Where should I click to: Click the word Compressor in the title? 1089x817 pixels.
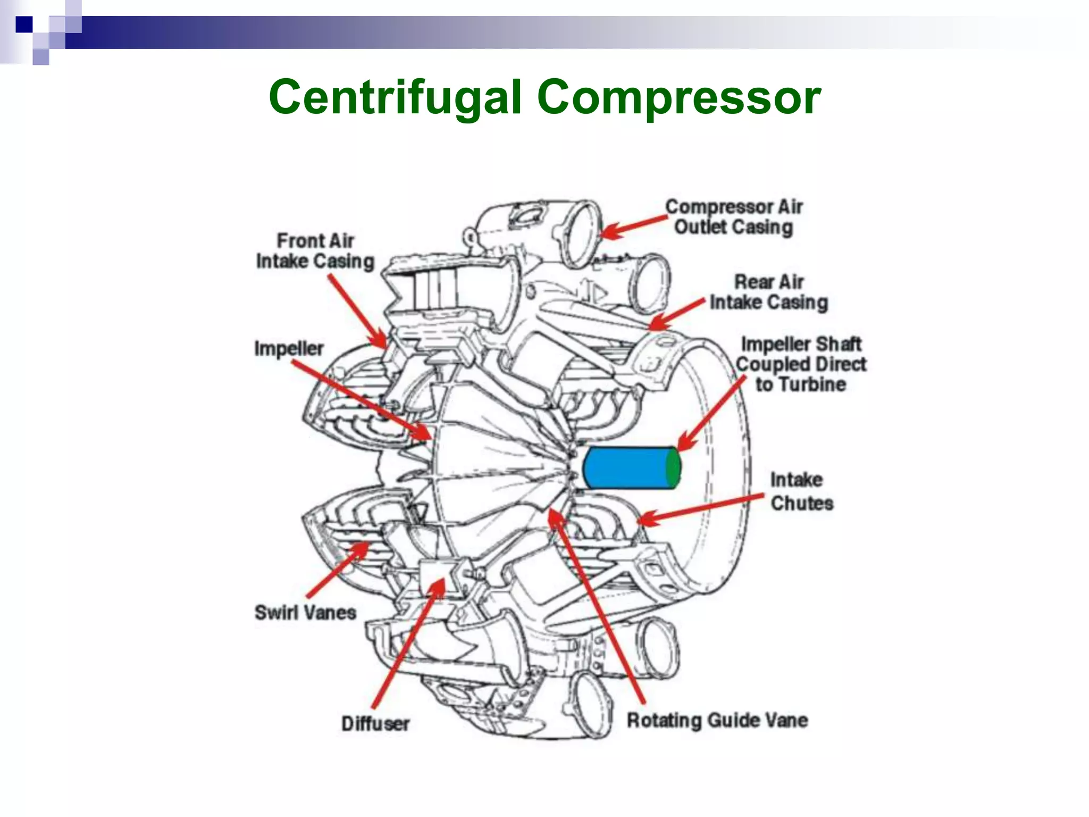pyautogui.click(x=679, y=97)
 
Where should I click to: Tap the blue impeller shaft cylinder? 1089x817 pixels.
pyautogui.click(x=625, y=468)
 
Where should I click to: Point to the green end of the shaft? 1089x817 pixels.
pyautogui.click(x=673, y=468)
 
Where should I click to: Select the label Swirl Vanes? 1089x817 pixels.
pyautogui.click(x=305, y=612)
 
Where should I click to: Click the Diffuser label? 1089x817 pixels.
pyautogui.click(x=375, y=723)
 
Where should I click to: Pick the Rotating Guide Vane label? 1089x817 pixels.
pyautogui.click(x=717, y=720)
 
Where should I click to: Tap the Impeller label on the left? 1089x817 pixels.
pyautogui.click(x=289, y=348)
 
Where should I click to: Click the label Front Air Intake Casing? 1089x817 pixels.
pyautogui.click(x=315, y=251)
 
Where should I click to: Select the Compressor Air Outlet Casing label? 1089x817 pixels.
pyautogui.click(x=734, y=217)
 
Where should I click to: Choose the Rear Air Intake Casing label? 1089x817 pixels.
pyautogui.click(x=769, y=292)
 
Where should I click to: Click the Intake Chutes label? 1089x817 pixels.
pyautogui.click(x=801, y=491)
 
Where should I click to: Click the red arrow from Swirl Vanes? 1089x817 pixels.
pyautogui.click(x=337, y=570)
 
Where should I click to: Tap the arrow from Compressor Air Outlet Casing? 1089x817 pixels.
pyautogui.click(x=633, y=226)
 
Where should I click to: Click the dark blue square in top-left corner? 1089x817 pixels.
pyautogui.click(x=23, y=24)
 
